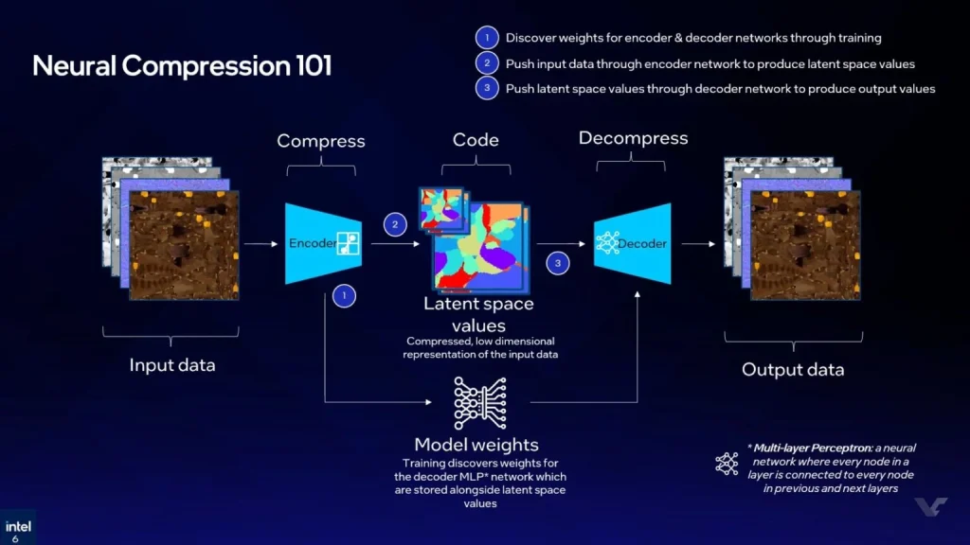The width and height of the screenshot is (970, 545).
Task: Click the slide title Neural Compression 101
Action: (x=182, y=66)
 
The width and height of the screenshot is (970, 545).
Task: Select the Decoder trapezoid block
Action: (x=632, y=243)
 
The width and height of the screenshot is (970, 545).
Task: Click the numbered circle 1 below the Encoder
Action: (x=345, y=296)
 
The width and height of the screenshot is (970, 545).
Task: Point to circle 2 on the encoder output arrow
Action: (x=394, y=225)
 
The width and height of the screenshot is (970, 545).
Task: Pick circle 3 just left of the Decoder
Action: (x=558, y=263)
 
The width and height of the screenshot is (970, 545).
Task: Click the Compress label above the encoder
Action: (x=320, y=141)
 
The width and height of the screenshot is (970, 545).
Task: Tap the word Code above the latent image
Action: (x=476, y=139)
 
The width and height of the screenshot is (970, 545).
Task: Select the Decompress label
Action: (x=633, y=138)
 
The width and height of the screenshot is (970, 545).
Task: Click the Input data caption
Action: (x=172, y=364)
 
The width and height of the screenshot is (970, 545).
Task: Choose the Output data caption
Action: (x=793, y=369)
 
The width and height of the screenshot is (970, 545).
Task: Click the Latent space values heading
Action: (x=478, y=313)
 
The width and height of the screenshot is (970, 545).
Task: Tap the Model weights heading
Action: (x=476, y=445)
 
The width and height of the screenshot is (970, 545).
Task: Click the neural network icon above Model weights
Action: (x=476, y=403)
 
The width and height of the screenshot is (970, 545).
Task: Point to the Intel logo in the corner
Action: (x=16, y=528)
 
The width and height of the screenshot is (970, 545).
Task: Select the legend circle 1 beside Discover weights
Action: (x=486, y=38)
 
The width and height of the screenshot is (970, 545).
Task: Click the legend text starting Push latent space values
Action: (x=720, y=89)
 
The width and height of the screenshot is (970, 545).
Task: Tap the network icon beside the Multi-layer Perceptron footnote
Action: (x=727, y=464)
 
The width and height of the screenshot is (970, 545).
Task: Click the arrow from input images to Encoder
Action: (x=260, y=244)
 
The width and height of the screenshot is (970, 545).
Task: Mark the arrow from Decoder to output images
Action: (x=698, y=244)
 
